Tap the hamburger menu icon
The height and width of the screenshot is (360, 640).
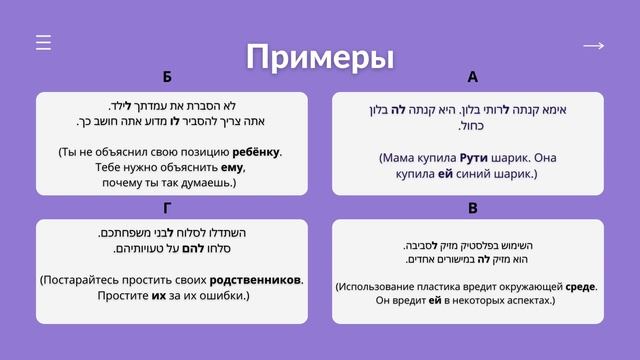click(43, 43)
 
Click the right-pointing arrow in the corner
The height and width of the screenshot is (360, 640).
click(593, 46)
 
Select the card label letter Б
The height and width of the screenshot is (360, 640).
click(167, 78)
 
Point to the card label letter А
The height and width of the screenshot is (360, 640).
click(472, 78)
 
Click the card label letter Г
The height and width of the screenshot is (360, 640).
click(167, 208)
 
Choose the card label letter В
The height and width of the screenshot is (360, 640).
click(472, 208)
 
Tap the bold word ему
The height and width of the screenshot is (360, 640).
click(232, 168)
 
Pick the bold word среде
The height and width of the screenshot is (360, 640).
click(581, 286)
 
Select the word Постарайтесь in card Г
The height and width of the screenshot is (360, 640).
click(82, 280)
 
